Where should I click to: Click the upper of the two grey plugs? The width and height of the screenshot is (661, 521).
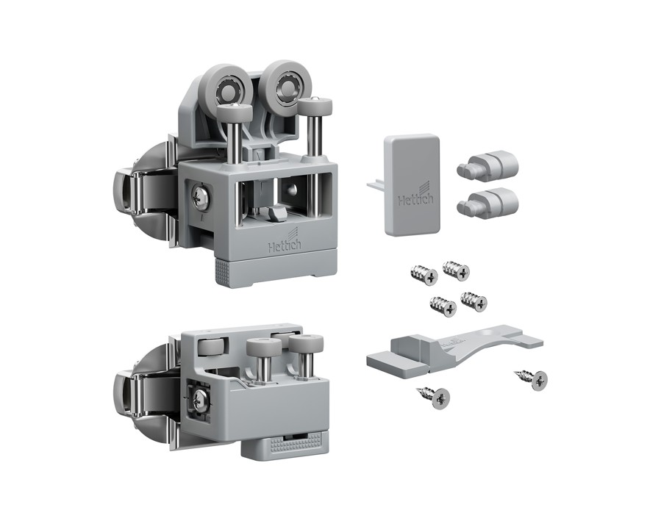(x=487, y=165)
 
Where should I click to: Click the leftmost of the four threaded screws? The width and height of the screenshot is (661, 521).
(x=424, y=274)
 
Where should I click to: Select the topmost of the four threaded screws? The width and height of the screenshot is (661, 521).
(x=456, y=269)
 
